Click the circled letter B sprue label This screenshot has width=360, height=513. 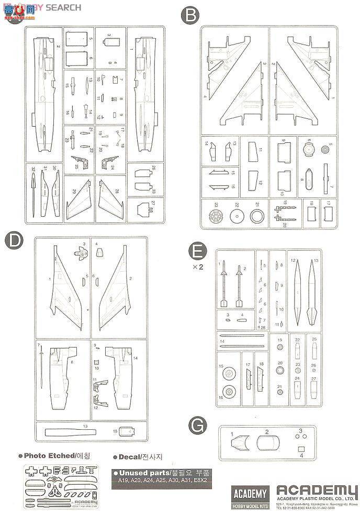coord(189,15)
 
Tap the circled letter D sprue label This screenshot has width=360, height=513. coord(13,241)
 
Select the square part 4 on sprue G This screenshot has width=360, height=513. coord(300,449)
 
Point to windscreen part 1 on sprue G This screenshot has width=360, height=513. coord(238,443)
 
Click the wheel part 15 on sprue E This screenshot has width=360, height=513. coord(228,374)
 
